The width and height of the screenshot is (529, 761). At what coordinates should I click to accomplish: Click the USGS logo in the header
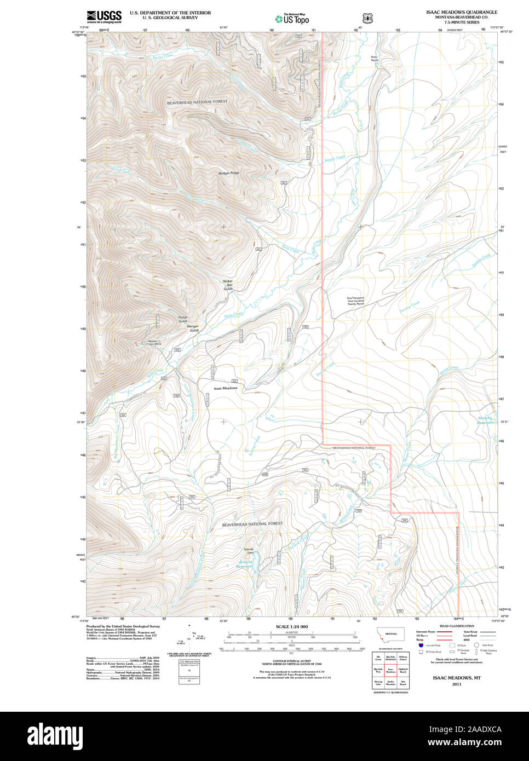click(x=104, y=16)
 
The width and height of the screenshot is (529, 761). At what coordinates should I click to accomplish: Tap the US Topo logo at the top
click(x=295, y=19)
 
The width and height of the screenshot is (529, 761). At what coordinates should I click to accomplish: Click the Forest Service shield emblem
click(x=367, y=18)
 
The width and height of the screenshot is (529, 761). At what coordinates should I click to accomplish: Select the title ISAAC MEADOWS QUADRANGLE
click(x=462, y=11)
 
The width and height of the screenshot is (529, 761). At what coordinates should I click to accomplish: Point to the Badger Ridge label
click(x=229, y=173)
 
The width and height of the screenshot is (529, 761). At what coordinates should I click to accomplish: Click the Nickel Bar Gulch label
click(x=228, y=285)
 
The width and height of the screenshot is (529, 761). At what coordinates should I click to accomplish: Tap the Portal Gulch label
click(x=182, y=319)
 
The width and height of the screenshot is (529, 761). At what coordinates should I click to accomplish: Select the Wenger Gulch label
click(x=193, y=329)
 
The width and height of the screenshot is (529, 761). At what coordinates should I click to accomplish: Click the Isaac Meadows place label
click(x=226, y=388)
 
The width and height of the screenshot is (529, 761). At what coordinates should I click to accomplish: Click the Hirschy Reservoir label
click(x=485, y=420)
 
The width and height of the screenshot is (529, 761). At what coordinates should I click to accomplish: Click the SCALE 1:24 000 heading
click(x=291, y=626)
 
